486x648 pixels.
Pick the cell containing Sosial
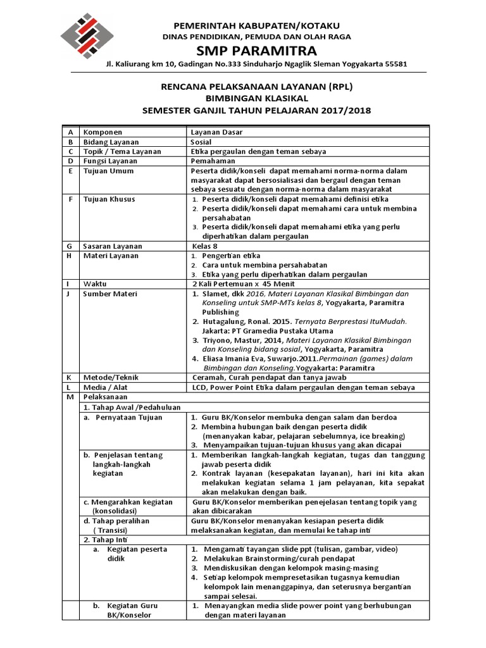click(202, 142)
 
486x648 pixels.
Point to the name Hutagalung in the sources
click(226, 321)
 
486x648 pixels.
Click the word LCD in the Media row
click(199, 387)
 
